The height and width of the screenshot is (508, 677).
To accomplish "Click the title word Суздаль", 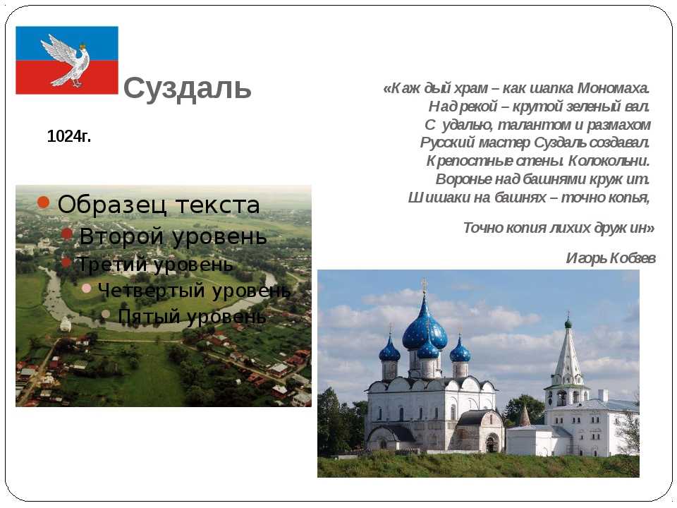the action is [188, 89].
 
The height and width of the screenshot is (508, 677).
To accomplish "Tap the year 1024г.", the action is [69, 136].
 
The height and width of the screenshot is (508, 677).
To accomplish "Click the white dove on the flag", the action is [65, 61].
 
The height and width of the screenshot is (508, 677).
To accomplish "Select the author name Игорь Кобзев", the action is [611, 258].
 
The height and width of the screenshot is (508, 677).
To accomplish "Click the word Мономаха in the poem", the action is [613, 88].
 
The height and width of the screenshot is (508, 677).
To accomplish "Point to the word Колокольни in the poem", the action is [609, 161].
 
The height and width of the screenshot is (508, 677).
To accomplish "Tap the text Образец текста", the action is [159, 205].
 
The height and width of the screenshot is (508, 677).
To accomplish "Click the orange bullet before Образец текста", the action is [43, 202].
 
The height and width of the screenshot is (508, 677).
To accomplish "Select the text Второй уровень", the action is [173, 236].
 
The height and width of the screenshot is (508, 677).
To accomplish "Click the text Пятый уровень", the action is [192, 316].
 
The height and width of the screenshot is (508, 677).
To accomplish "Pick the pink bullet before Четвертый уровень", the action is [86, 288].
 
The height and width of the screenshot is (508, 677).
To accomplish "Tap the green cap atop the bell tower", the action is [568, 322].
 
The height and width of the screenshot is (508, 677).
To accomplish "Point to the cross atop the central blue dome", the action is [425, 286].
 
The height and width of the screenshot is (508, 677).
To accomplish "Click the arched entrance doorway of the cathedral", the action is [492, 444].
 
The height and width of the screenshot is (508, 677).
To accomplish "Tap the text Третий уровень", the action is [154, 264].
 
